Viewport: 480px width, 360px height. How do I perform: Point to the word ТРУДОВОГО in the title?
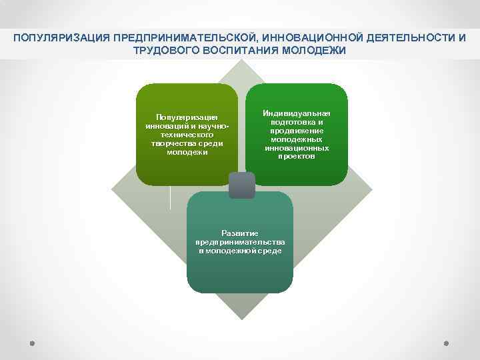[x=163, y=51]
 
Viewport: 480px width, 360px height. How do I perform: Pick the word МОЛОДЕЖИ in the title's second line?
[x=314, y=51]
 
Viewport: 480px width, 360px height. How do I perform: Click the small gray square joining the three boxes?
[x=241, y=185]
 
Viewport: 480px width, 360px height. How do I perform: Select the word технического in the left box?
[x=187, y=135]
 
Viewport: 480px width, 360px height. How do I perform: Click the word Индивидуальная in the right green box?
[x=297, y=114]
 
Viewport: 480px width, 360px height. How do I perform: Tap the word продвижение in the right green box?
[x=297, y=131]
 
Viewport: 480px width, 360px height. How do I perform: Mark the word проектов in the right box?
[x=297, y=156]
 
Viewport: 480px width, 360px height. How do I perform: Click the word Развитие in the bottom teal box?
[x=240, y=234]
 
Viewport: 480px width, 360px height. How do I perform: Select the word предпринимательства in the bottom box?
[x=240, y=242]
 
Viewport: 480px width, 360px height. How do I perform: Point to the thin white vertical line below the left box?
[x=171, y=197]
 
